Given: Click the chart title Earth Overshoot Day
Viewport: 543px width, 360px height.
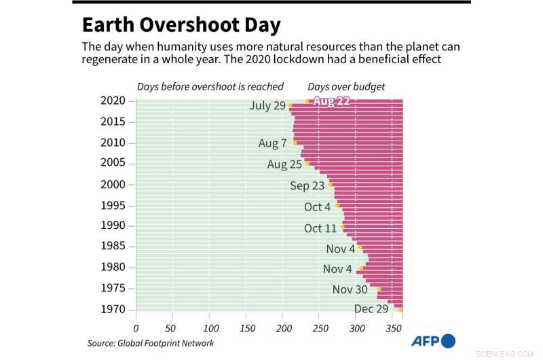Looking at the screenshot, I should [x=181, y=26].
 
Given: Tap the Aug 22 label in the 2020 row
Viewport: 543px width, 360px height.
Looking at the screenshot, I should [x=331, y=101].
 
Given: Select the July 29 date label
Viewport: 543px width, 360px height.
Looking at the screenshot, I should [x=268, y=106].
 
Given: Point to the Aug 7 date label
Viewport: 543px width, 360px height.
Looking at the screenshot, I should [x=273, y=143].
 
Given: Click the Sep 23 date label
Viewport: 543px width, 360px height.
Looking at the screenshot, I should [x=308, y=185].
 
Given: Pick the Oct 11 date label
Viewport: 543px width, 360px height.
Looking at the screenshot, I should [x=320, y=228].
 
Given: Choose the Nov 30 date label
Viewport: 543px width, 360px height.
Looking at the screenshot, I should [x=351, y=289].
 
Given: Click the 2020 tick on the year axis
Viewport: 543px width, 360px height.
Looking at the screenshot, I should [x=113, y=101].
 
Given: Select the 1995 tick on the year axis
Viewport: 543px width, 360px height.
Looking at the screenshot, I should [x=113, y=205].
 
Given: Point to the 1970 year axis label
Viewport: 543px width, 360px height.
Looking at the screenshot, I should [x=113, y=310].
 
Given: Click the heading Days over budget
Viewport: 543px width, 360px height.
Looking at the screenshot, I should [x=346, y=86].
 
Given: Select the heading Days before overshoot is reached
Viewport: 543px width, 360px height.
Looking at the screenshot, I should [x=210, y=86].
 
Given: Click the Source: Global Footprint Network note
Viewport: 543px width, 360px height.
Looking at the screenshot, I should [x=151, y=344].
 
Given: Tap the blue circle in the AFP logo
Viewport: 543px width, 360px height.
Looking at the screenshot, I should [x=448, y=341].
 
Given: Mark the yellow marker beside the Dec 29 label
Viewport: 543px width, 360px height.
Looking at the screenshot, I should [x=400, y=310].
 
